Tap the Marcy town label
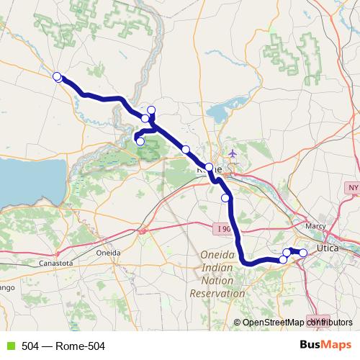coord(315,225)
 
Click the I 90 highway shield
coord(224,228)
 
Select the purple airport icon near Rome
coord(232,153)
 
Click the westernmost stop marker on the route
coord(57,76)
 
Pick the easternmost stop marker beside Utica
coord(303,252)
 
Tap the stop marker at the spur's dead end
coord(140,141)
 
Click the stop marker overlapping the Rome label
coord(209,167)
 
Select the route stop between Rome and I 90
coord(225,197)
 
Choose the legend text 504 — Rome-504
coord(63,346)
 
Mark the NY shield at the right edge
coord(352,188)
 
